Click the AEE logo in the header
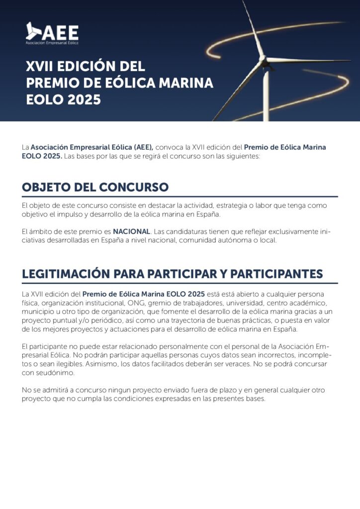coord(52,33)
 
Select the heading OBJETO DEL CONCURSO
coord(95,187)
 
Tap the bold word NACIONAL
coord(131,232)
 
